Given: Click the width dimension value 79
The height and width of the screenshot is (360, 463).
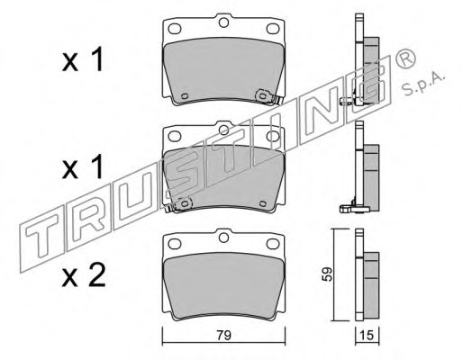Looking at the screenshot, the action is [x=224, y=335].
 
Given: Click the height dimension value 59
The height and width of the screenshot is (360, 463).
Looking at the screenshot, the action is [x=327, y=274].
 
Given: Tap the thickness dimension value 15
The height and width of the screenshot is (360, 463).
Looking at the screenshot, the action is [x=367, y=335].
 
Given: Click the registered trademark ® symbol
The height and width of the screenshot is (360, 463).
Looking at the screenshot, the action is [x=405, y=59].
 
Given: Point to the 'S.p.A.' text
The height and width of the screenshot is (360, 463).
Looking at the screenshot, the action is [x=423, y=83].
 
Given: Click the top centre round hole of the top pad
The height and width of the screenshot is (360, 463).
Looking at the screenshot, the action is [x=223, y=22].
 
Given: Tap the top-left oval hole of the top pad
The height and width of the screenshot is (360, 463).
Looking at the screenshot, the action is [x=175, y=29].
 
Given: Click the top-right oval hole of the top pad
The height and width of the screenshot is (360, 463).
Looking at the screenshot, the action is [x=273, y=29].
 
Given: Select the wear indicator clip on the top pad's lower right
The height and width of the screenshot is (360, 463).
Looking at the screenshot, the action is [x=268, y=97].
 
